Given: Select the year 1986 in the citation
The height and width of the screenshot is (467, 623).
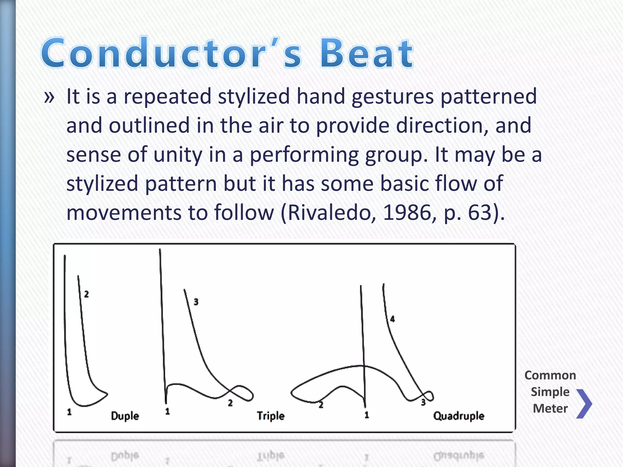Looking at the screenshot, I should click(x=407, y=213).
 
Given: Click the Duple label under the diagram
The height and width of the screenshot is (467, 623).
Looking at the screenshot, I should click(x=125, y=416).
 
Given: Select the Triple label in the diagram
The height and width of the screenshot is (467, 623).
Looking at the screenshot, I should click(x=270, y=416).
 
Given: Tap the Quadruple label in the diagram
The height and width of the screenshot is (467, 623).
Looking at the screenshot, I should click(x=458, y=416).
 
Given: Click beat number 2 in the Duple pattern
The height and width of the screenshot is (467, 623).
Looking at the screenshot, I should click(x=86, y=294).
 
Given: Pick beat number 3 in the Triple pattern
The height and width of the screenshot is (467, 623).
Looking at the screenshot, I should click(x=196, y=302).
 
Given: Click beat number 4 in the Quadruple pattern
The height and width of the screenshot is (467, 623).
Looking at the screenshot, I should click(x=392, y=319).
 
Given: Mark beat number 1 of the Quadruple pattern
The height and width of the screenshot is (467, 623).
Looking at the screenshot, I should click(x=367, y=415).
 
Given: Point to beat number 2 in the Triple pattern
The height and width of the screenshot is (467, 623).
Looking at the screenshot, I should click(x=230, y=403).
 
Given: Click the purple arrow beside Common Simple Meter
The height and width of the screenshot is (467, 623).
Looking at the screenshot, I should click(x=584, y=404).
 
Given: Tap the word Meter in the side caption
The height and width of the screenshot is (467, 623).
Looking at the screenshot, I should click(x=550, y=408).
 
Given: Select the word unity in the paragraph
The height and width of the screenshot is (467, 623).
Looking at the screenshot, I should click(x=178, y=154).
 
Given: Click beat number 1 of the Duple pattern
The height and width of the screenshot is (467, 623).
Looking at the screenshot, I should click(x=69, y=412).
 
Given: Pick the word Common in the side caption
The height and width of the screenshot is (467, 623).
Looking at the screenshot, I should click(x=550, y=375).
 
